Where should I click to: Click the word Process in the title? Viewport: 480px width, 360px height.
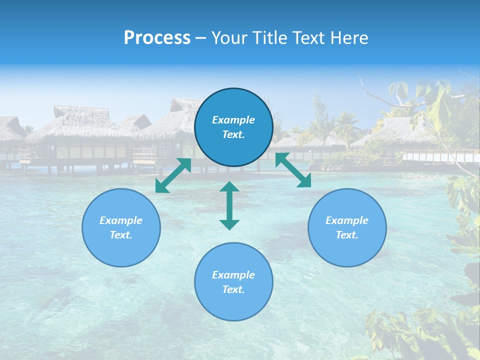[x=157, y=38]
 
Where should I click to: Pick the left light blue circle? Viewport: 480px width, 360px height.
[x=121, y=227]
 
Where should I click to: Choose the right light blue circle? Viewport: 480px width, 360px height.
[x=347, y=227]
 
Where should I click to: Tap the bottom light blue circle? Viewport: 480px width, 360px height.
[x=233, y=281]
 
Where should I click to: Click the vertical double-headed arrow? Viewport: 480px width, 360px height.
[x=229, y=205]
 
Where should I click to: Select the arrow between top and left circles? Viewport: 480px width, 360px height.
[x=173, y=175]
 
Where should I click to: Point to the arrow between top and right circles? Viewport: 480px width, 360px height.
[x=293, y=170]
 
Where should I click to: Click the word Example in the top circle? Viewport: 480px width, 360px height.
[x=233, y=120]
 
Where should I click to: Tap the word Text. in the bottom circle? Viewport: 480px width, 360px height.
[x=233, y=289]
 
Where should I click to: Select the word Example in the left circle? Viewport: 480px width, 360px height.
[x=121, y=220]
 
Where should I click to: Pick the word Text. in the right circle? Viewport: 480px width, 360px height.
[x=347, y=235]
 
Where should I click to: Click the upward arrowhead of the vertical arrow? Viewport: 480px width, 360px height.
[x=229, y=188]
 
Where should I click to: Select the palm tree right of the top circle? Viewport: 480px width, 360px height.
[x=346, y=125]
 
